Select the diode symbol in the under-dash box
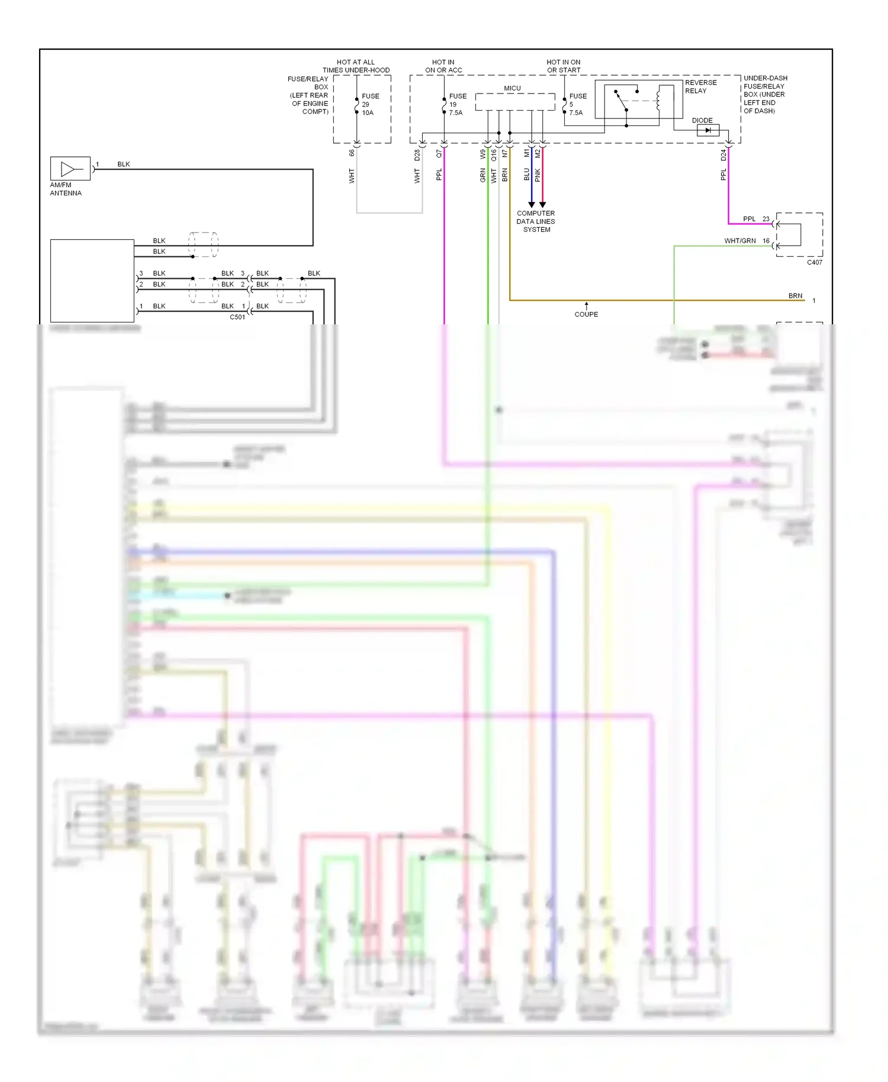[x=707, y=130]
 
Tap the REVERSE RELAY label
[x=700, y=86]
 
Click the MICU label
[x=512, y=88]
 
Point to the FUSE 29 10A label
[x=370, y=104]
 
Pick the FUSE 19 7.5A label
[x=457, y=104]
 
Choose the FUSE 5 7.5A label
[x=577, y=104]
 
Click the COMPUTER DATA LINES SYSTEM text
[x=536, y=221]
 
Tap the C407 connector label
[x=814, y=262]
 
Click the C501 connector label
[x=237, y=317]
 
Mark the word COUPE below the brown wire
[x=586, y=314]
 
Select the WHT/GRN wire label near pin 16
[x=739, y=241]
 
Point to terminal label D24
[x=723, y=155]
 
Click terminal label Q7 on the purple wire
[x=439, y=153]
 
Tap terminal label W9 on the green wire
[x=483, y=154]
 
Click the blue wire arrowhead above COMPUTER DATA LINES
[x=531, y=204]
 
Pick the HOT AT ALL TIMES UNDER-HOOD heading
[x=356, y=66]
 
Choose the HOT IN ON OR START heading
[x=563, y=66]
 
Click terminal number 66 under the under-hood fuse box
[x=352, y=153]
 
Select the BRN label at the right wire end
[x=795, y=296]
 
